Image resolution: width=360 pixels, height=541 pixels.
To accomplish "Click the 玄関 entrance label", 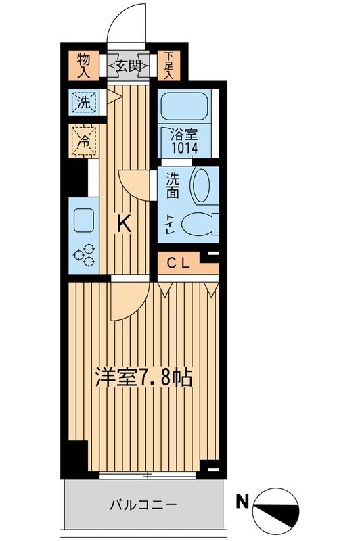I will tap(129, 66).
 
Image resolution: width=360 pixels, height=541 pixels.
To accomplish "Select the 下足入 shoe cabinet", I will tap(168, 65).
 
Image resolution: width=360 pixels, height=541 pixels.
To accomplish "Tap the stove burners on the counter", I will tap(84, 256).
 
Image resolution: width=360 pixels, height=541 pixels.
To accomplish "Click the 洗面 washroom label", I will tap(173, 186).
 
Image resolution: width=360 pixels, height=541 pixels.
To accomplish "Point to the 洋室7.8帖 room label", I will tap(144, 377).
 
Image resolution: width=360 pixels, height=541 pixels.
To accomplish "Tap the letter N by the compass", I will tap(242, 501).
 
